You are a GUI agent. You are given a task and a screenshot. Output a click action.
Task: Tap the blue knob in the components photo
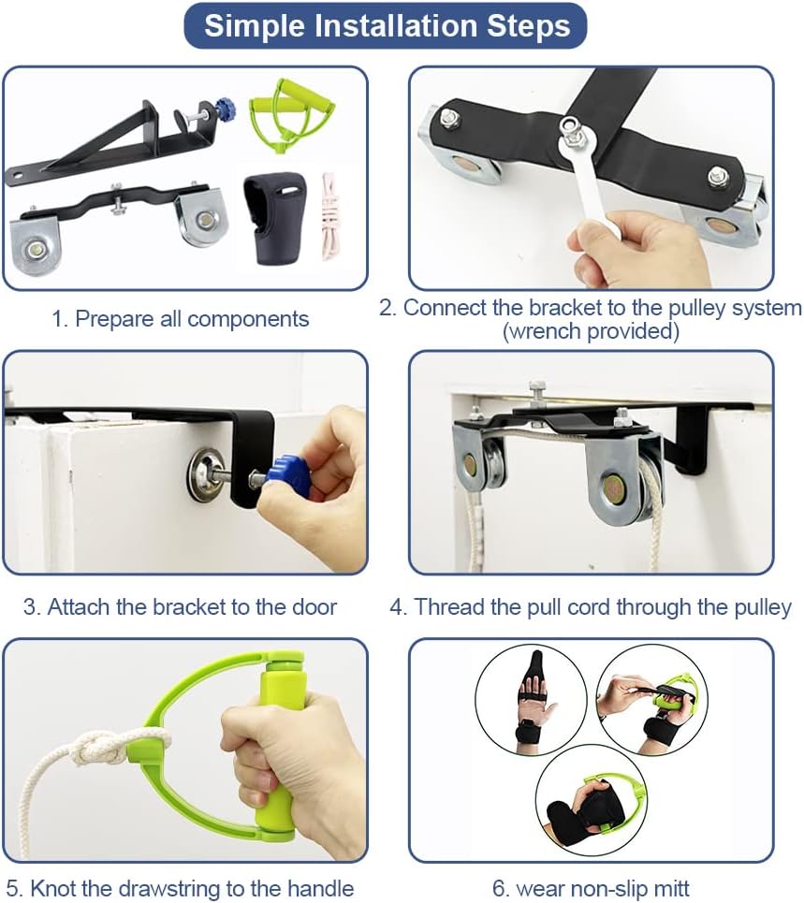(225, 109)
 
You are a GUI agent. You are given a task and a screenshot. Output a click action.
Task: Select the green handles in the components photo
(291, 115)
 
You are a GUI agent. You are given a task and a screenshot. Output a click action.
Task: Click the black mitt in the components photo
(272, 219)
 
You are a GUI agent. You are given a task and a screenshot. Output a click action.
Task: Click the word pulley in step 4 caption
(763, 608)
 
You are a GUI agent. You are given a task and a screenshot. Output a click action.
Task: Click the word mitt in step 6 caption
(670, 889)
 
